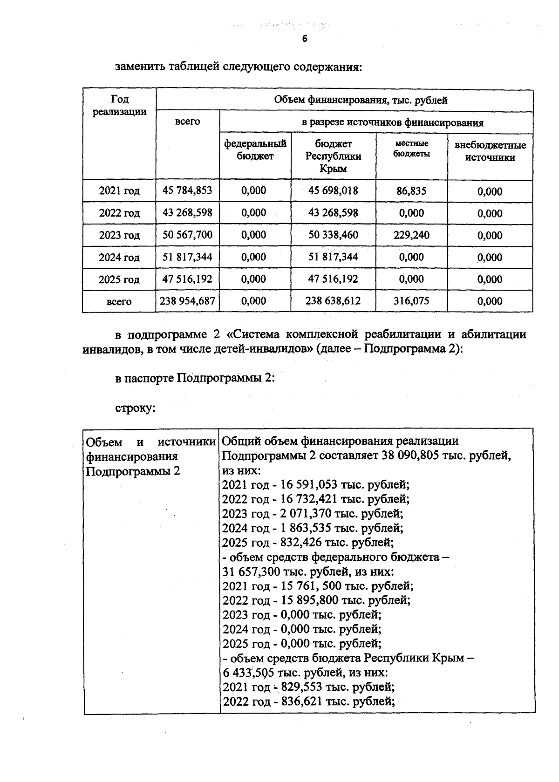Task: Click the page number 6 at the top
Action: click(305, 39)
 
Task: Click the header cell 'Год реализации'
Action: click(119, 105)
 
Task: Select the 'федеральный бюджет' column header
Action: click(255, 150)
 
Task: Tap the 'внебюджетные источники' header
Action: click(490, 151)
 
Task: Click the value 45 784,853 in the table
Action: click(187, 190)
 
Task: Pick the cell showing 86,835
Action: click(411, 190)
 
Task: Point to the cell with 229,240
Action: click(411, 235)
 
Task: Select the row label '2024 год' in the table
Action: click(119, 258)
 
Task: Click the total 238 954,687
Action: click(187, 301)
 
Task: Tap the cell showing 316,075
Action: click(411, 301)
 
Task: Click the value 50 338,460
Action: click(333, 235)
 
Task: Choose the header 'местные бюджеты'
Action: click(411, 149)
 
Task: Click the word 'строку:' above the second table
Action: click(135, 408)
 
